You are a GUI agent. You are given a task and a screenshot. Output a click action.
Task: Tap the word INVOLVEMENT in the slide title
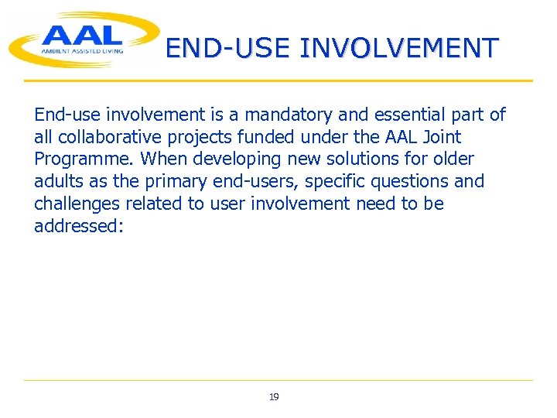pyautogui.click(x=399, y=48)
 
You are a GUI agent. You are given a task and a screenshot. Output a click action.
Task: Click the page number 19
pyautogui.click(x=274, y=397)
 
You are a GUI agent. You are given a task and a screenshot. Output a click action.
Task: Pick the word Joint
pyautogui.click(x=439, y=138)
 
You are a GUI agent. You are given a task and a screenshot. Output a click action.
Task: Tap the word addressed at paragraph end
pyautogui.click(x=77, y=226)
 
